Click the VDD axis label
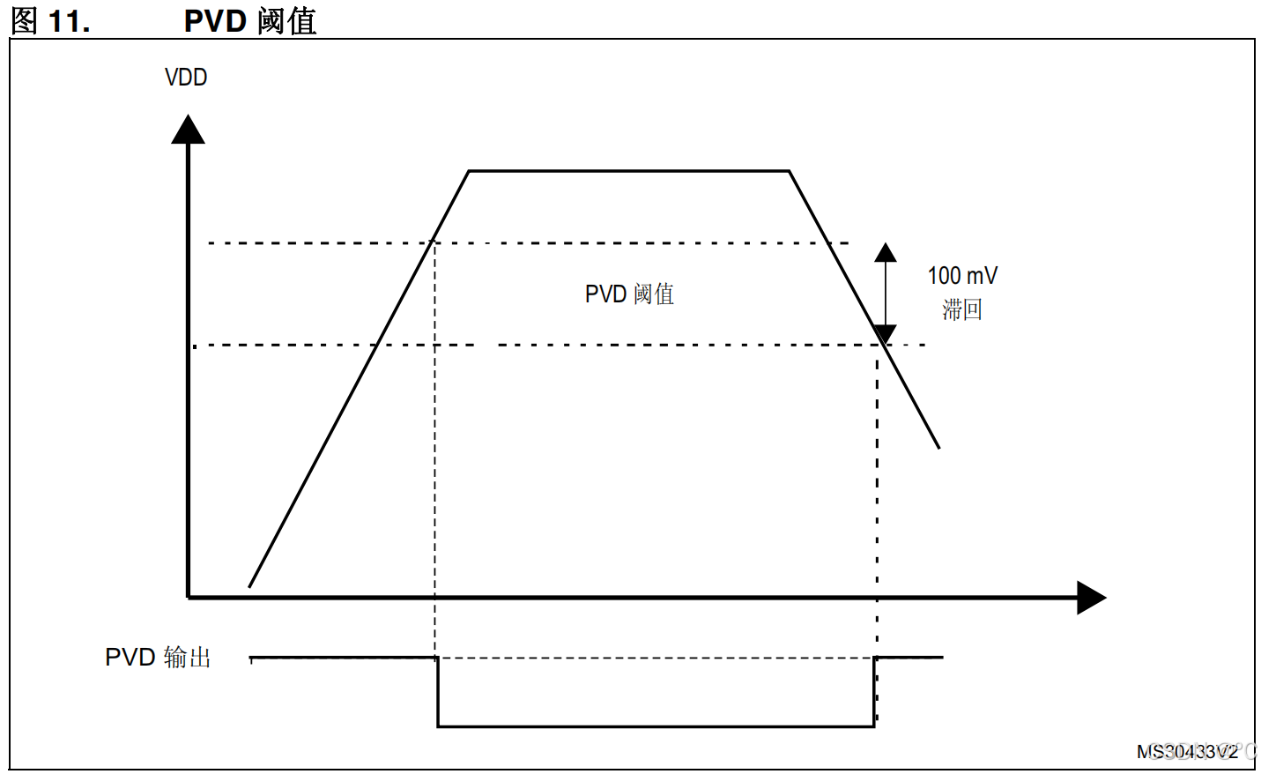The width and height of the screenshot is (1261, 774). click(186, 78)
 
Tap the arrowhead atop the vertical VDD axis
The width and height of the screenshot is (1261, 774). click(188, 130)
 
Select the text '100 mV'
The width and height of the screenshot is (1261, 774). click(962, 276)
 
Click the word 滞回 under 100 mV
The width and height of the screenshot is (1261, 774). click(962, 309)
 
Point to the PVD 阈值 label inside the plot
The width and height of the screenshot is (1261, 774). click(629, 294)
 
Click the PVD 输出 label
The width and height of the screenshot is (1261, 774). click(158, 658)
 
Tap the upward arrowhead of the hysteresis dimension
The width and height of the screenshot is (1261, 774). click(886, 253)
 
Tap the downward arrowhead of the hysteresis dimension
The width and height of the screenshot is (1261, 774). click(886, 334)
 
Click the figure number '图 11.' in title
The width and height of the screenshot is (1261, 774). click(50, 20)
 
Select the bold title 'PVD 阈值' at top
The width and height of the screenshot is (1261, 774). click(250, 20)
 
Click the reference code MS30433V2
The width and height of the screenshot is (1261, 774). click(1187, 752)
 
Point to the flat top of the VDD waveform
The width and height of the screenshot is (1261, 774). click(628, 171)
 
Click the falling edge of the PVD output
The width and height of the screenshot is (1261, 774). click(438, 692)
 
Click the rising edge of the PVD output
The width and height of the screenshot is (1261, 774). click(874, 692)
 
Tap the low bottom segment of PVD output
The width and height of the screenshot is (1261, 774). click(656, 726)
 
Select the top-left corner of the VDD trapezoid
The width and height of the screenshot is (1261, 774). click(469, 171)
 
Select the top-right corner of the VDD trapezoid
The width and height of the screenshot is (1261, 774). click(789, 171)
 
